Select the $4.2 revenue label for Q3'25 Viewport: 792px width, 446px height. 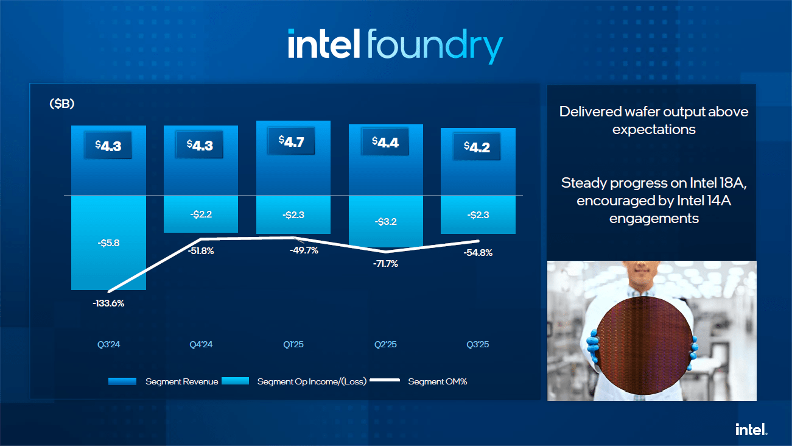(x=477, y=147)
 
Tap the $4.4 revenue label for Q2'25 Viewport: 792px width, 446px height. (x=385, y=143)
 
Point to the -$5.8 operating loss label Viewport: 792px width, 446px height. (x=108, y=242)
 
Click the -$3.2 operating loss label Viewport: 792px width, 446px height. (x=385, y=221)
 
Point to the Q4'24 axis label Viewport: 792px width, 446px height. (x=201, y=345)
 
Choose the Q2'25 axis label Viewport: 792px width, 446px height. (x=385, y=345)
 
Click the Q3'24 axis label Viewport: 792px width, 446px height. (x=108, y=345)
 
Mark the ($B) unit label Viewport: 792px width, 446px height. (x=61, y=104)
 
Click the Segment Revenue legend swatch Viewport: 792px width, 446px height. (x=122, y=381)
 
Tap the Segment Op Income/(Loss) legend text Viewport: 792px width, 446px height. (x=312, y=381)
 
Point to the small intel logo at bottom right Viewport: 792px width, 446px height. (x=751, y=429)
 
